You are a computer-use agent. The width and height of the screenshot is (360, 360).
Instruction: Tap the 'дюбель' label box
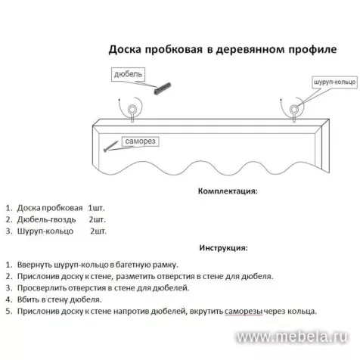coord(126,76)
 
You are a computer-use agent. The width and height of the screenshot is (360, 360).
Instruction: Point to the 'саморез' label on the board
coord(139,141)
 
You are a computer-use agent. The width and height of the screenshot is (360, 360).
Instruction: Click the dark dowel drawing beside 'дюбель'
coord(160,89)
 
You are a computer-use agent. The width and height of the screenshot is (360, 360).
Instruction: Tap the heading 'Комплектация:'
coord(227,192)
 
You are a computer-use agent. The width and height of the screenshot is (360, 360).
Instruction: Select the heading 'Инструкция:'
coord(223,247)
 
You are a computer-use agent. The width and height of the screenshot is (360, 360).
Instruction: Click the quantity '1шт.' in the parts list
coord(98,206)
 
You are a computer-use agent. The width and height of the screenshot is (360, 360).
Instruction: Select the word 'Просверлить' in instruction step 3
coord(42,288)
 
